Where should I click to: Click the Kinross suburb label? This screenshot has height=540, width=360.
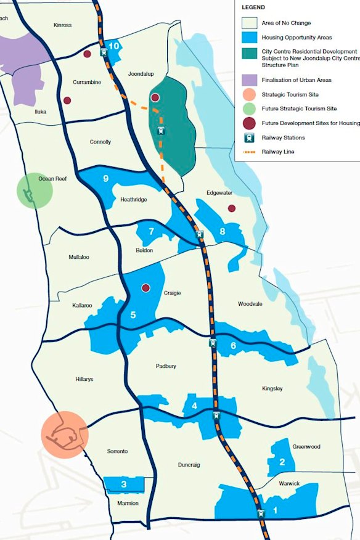[x=62, y=25]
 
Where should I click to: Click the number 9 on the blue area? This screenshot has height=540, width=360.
[x=106, y=179]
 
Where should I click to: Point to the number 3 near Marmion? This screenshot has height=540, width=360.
[x=124, y=485]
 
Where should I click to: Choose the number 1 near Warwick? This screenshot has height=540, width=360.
[x=275, y=510]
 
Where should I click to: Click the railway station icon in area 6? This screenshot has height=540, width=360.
[x=213, y=343]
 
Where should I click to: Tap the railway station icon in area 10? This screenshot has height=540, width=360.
[x=104, y=53]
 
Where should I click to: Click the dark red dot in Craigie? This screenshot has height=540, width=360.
[x=146, y=288]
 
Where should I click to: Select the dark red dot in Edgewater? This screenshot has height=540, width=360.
[x=232, y=208]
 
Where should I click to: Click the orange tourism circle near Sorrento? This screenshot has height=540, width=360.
[x=65, y=434]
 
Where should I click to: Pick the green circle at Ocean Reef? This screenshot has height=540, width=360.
[x=35, y=190]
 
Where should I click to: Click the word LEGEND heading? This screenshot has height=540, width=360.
[x=253, y=7]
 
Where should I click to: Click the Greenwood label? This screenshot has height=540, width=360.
[x=306, y=446]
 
